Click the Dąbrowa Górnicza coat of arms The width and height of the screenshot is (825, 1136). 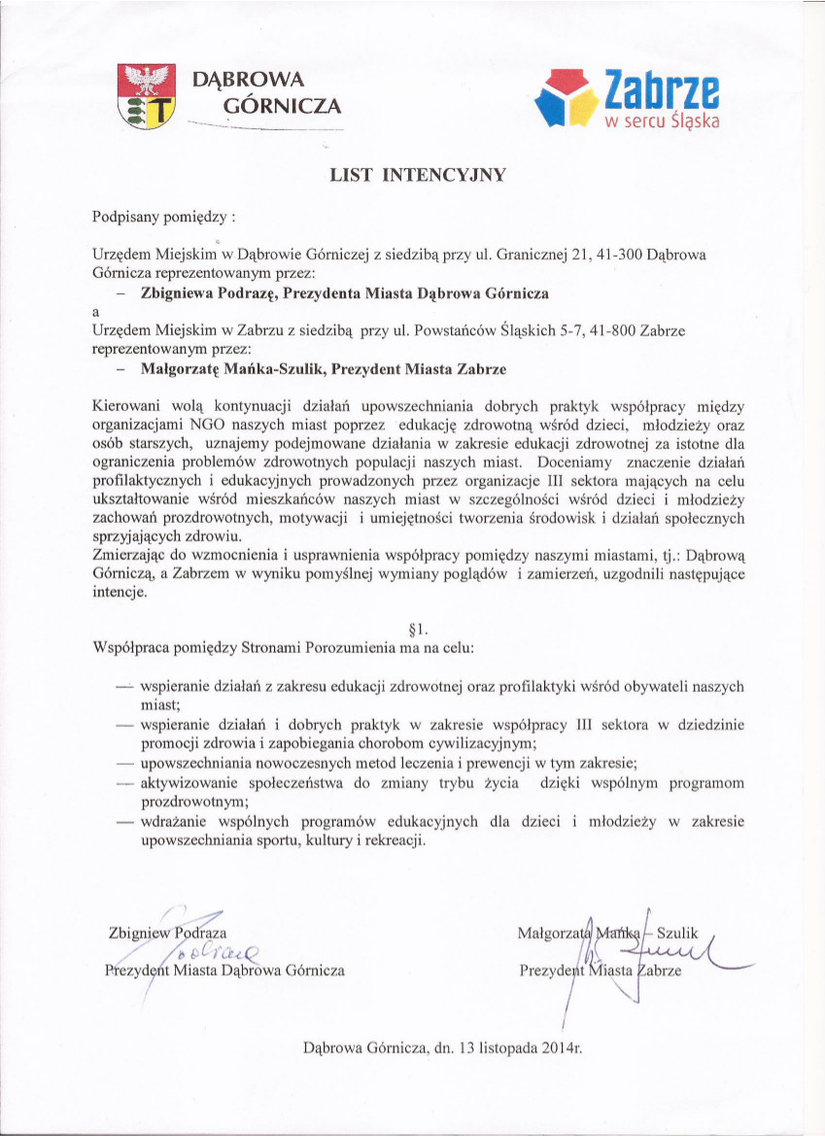pyautogui.click(x=146, y=95)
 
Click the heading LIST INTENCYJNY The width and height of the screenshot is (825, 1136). pyautogui.click(x=419, y=176)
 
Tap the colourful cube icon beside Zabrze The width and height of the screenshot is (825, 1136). pyautogui.click(x=567, y=97)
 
